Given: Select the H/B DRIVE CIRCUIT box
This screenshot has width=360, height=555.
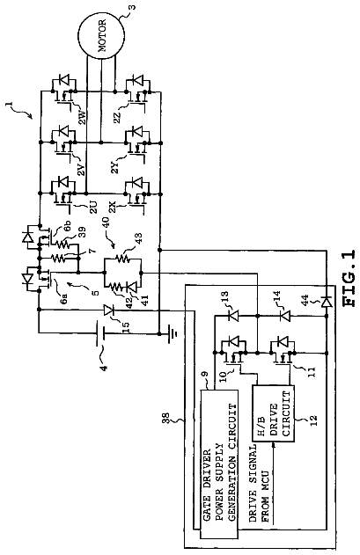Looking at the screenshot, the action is coord(273,413).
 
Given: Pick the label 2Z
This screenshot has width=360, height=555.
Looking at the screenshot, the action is coord(117,117).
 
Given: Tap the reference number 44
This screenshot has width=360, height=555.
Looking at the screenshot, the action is coord(305,299).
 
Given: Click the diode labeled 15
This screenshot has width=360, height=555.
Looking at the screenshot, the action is coord(109,310).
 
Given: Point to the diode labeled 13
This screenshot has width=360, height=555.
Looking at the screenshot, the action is coord(232,315).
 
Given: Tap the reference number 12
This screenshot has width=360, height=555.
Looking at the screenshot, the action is coord(312,419).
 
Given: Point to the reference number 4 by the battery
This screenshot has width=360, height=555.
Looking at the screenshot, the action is coord(104,367).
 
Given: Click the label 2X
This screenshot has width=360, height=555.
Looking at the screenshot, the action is coord(113,207).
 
